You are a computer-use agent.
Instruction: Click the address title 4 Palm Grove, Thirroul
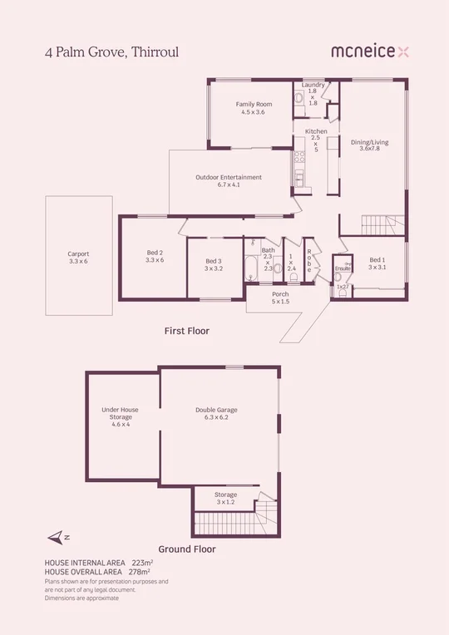point(111,52)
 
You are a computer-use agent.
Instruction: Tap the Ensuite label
point(343,269)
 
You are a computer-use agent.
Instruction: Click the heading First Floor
point(186,331)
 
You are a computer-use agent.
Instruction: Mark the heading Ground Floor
point(187,549)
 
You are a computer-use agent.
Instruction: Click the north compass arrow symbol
point(56,538)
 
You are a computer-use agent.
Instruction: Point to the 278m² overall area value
point(138,572)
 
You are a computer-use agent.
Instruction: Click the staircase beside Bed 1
point(383,224)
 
